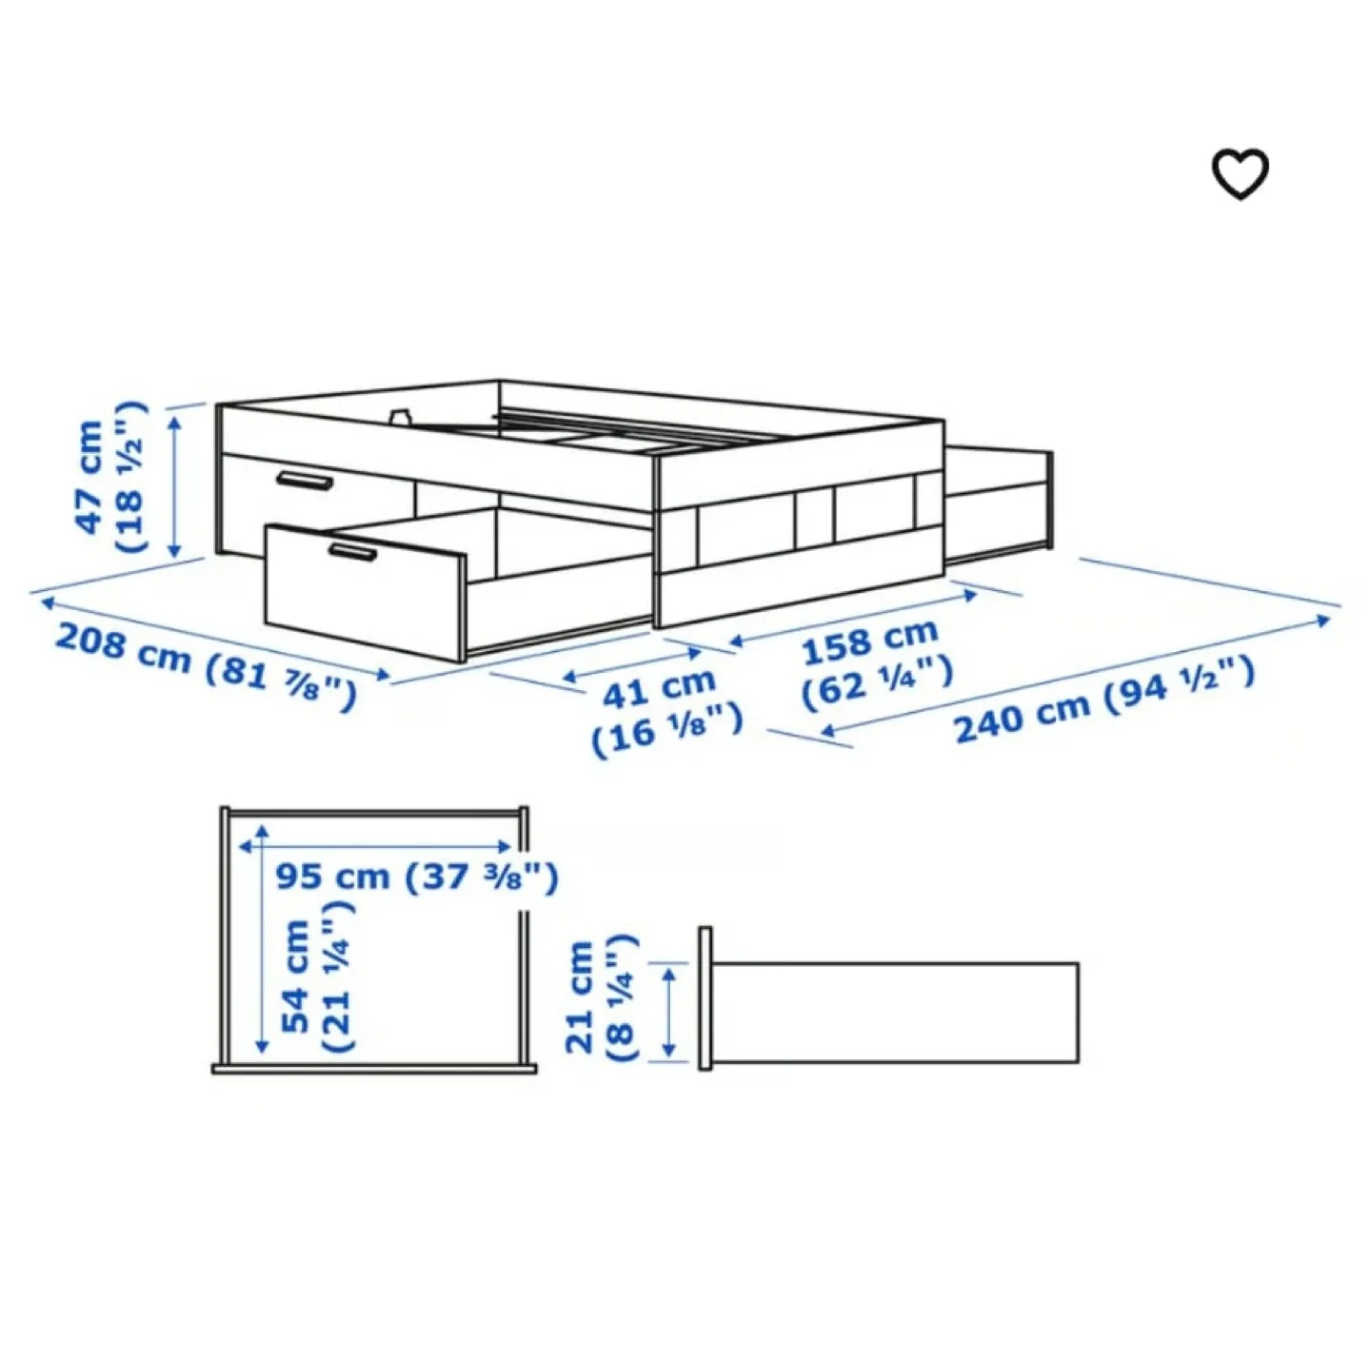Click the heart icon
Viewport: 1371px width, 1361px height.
1240,175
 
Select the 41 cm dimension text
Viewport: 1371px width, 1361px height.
659,687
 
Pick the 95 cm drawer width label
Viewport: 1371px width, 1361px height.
332,877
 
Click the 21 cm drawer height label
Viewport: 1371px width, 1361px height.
580,996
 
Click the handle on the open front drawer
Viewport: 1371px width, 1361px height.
351,552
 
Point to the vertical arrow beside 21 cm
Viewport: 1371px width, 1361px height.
669,1010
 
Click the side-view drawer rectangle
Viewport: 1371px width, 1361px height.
895,1012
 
